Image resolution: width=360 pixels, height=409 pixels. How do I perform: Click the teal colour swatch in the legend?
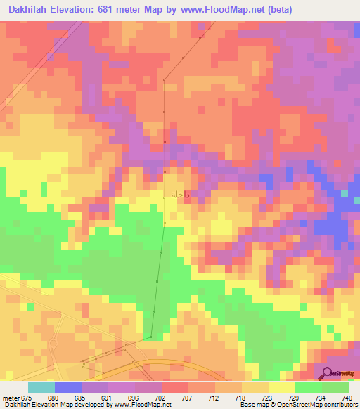click(41, 387)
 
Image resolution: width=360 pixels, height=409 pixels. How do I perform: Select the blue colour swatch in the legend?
click(67, 387)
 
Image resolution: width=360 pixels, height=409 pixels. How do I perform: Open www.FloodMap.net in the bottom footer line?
click(140, 405)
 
